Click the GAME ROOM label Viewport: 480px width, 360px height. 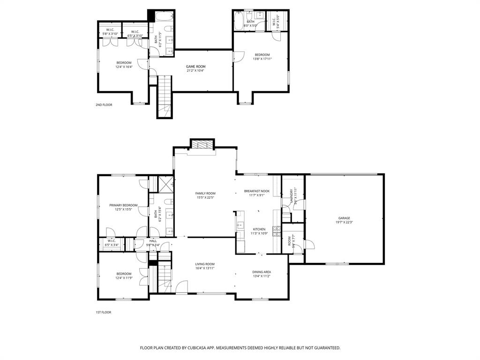[196, 67]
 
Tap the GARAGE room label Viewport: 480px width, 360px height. [344, 218]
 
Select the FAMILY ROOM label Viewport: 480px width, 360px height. [205, 193]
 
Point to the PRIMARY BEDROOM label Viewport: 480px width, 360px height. [123, 205]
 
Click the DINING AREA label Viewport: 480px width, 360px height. [262, 272]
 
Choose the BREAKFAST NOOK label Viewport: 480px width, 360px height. [256, 191]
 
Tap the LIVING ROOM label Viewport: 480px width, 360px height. [205, 264]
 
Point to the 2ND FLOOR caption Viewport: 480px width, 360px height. [104, 105]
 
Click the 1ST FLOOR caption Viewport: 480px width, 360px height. [103, 312]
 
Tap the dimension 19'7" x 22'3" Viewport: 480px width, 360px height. [344, 223]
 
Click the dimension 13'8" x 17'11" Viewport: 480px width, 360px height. [262, 59]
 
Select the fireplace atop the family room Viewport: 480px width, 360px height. [202, 145]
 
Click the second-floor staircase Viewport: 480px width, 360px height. [165, 96]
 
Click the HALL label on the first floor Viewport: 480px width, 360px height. [153, 240]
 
